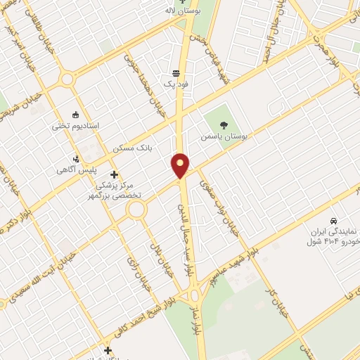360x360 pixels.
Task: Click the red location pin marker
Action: click(181, 165)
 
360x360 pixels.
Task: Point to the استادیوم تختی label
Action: click(76, 127)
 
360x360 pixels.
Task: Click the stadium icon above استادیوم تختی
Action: click(76, 114)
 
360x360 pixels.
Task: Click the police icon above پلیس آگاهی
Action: click(76, 158)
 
